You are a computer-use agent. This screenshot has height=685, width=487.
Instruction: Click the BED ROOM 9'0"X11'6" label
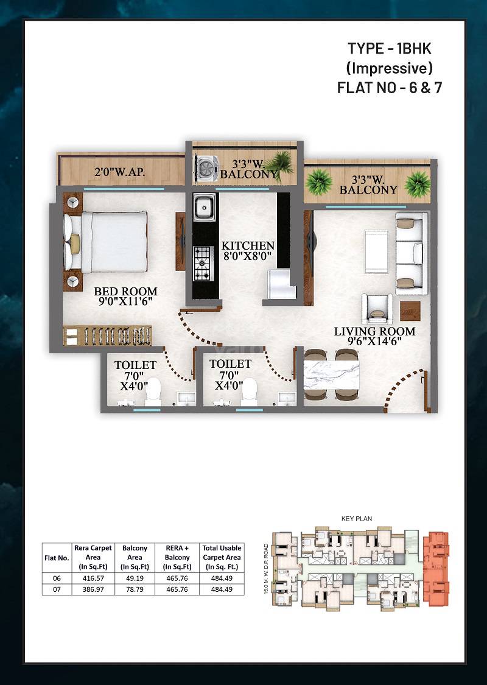pyautogui.click(x=125, y=297)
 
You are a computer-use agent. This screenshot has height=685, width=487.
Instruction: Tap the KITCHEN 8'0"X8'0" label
pyautogui.click(x=248, y=251)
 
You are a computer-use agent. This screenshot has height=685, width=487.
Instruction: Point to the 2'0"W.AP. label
pyautogui.click(x=119, y=172)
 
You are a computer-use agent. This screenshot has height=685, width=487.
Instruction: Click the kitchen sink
pyautogui.click(x=204, y=208)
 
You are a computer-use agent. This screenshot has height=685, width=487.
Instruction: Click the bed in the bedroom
pyautogui.click(x=113, y=242)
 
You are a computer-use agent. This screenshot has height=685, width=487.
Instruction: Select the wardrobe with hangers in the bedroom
pyautogui.click(x=108, y=336)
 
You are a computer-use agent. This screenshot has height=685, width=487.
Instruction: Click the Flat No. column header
pyautogui.click(x=57, y=557)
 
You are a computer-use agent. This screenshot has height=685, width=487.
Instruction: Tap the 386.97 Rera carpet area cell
pyautogui.click(x=93, y=589)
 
